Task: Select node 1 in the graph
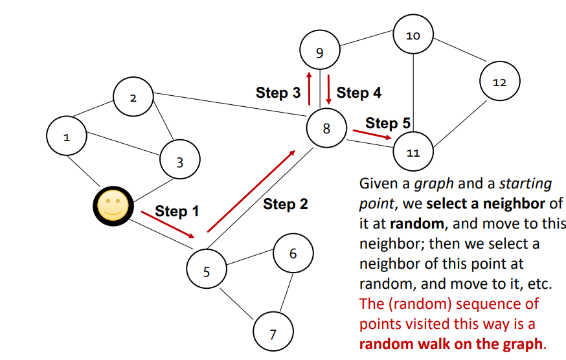pos(67,137)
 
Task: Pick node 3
pos(180,162)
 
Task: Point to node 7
pos(273,334)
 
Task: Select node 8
pos(326,128)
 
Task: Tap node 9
pos(319,52)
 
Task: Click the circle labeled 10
pos(413,36)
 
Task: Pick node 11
pos(413,153)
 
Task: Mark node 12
pos(499,82)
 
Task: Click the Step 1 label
pos(177,211)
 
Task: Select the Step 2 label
pos(286,205)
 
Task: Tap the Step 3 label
pos(278,93)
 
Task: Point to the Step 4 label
pos(359,93)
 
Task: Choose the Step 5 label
pos(388,122)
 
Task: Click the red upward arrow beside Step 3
pos(310,89)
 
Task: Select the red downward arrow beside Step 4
pos(329,90)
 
